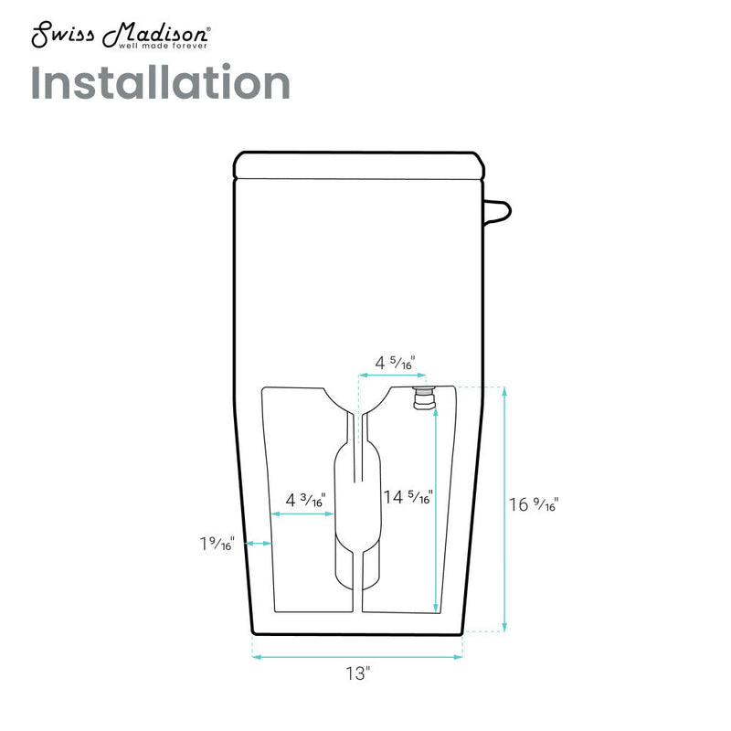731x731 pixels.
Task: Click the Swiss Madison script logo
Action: coord(121,35)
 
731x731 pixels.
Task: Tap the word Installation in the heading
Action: coord(161,82)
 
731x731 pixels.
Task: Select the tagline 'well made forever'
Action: coord(163,46)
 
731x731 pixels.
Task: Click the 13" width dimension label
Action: coord(357,673)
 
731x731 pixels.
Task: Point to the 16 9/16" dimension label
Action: coord(534,504)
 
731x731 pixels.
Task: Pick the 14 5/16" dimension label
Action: coord(408,497)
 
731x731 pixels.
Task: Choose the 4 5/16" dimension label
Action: coord(395,363)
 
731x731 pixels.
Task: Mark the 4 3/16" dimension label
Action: coord(305,500)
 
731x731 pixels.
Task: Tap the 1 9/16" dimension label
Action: coord(217,544)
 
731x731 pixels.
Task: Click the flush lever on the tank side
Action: coord(497,212)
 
